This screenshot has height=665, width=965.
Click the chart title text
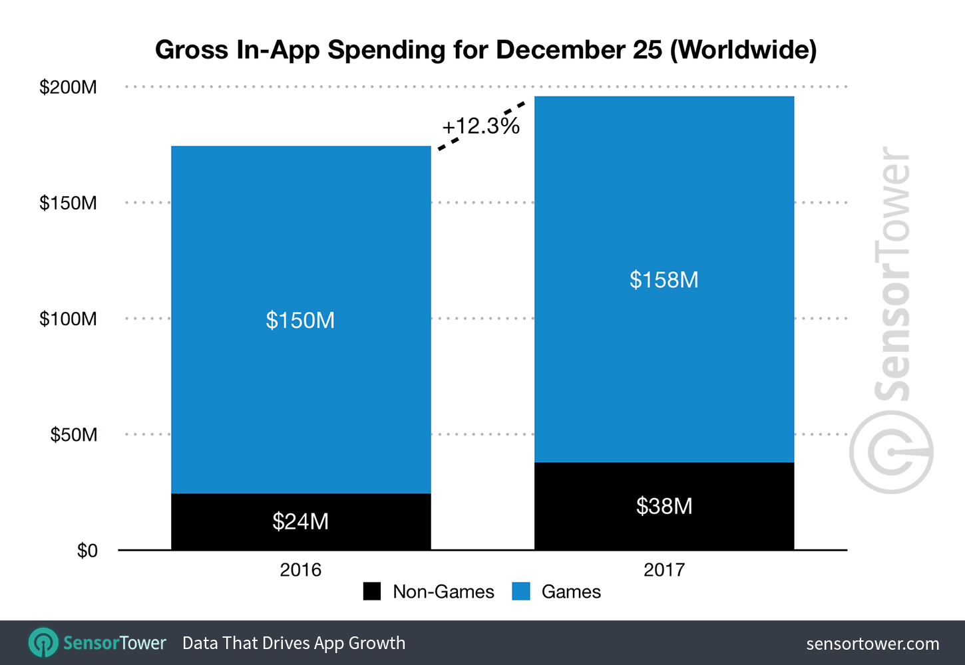pyautogui.click(x=486, y=50)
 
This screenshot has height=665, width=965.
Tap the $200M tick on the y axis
pyautogui.click(x=68, y=87)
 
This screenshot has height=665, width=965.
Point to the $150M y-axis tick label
pyautogui.click(x=68, y=203)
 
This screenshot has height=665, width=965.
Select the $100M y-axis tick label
pyautogui.click(x=68, y=319)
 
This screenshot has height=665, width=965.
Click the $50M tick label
pyautogui.click(x=73, y=435)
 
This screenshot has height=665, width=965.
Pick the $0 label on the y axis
pyautogui.click(x=87, y=551)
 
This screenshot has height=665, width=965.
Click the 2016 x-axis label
pyautogui.click(x=300, y=570)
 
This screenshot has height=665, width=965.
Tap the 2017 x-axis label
pyautogui.click(x=664, y=570)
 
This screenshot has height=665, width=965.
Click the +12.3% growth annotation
pyautogui.click(x=481, y=126)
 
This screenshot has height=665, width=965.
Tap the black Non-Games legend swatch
pyautogui.click(x=372, y=591)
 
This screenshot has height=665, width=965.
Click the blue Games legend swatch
pyautogui.click(x=521, y=591)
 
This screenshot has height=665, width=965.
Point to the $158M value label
pyautogui.click(x=664, y=280)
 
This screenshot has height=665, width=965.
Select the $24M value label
pyautogui.click(x=300, y=521)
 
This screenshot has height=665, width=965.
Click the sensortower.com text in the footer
pyautogui.click(x=872, y=644)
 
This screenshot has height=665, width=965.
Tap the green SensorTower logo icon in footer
pyautogui.click(x=43, y=643)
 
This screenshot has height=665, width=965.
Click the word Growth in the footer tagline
pyautogui.click(x=377, y=643)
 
